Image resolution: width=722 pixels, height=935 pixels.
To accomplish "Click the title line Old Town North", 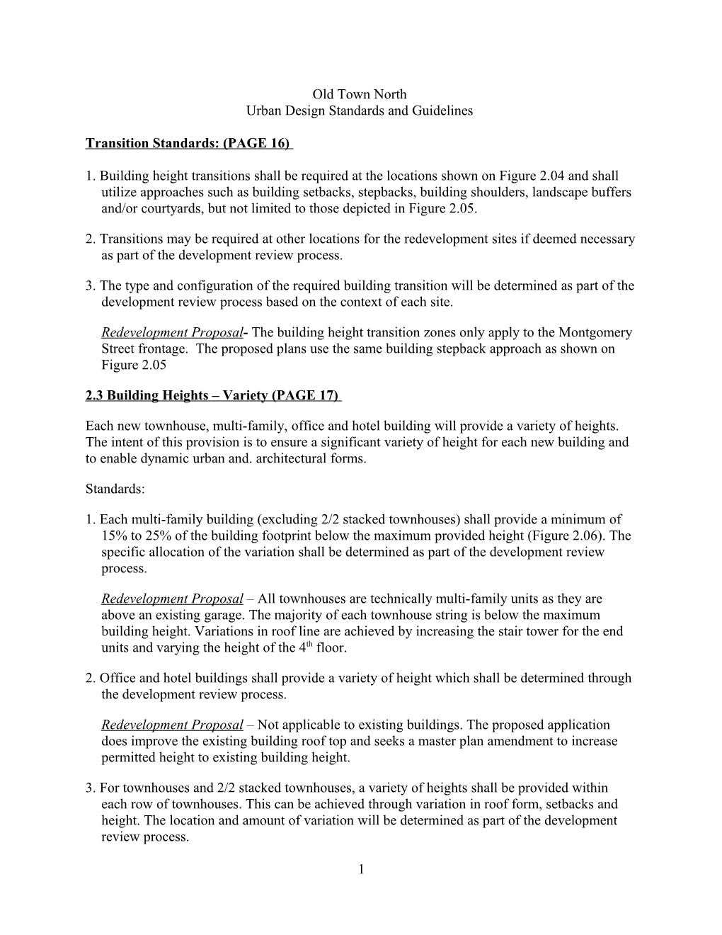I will tap(360, 94).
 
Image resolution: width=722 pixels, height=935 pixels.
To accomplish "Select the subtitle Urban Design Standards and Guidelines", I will tap(359, 110).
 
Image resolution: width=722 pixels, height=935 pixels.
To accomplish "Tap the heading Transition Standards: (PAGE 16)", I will tap(188, 143).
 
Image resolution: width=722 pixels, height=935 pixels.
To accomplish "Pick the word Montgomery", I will tap(595, 332).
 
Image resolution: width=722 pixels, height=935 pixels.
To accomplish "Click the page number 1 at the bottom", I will tap(360, 869).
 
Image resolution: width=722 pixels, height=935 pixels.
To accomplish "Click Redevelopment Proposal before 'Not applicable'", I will tap(173, 725).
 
